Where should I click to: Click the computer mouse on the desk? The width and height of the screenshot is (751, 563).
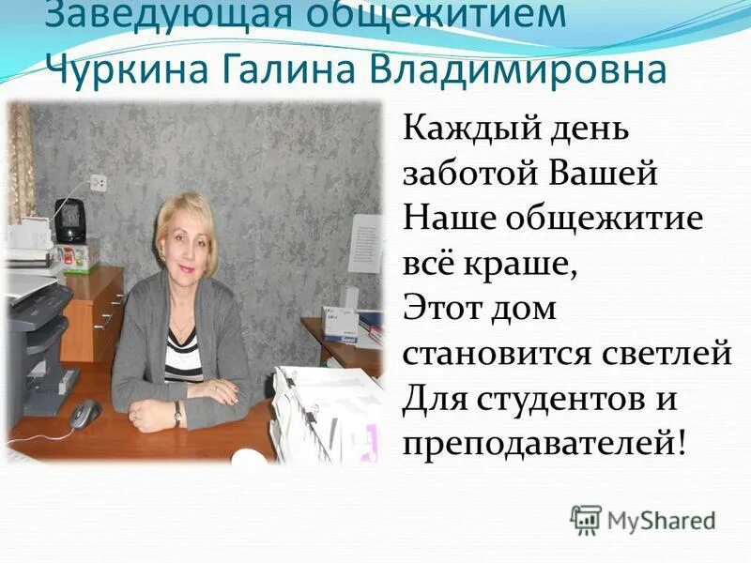click(x=85, y=411)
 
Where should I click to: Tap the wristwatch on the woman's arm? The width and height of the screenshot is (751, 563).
click(x=177, y=413)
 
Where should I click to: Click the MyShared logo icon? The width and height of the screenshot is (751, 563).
click(x=586, y=519)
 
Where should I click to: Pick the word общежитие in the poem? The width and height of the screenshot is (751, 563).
click(x=597, y=218)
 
